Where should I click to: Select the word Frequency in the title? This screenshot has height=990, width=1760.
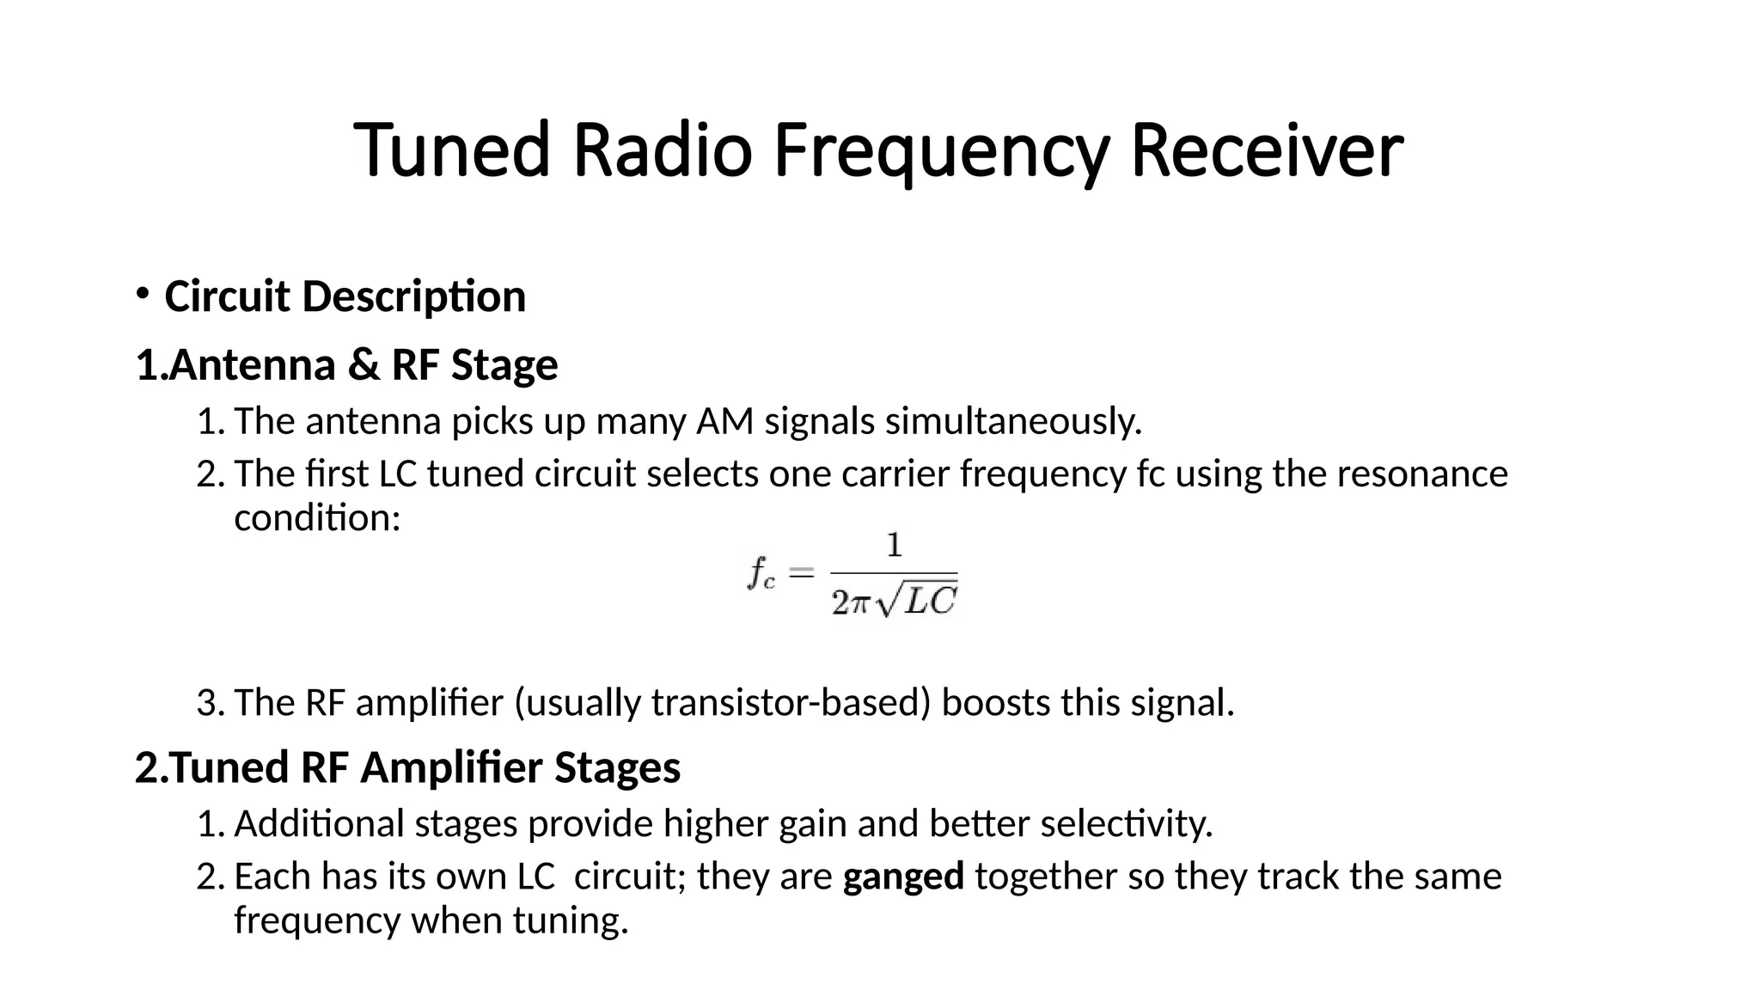[x=940, y=151]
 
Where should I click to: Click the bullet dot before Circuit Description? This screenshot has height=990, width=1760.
[x=142, y=293]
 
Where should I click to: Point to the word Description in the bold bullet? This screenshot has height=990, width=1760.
[x=413, y=297]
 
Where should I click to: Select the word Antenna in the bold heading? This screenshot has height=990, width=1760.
[x=252, y=364]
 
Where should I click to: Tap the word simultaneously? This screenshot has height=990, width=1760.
[x=1013, y=422]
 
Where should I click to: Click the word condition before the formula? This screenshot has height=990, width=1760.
[x=316, y=518]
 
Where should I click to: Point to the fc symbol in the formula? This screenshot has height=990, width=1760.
[x=761, y=573]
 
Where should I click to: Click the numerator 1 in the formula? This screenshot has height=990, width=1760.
[x=894, y=546]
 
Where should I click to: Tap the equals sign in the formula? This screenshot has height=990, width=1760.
[x=801, y=572]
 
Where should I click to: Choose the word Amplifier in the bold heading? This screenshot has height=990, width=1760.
[x=452, y=767]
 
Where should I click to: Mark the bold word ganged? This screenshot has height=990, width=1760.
[x=903, y=877]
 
